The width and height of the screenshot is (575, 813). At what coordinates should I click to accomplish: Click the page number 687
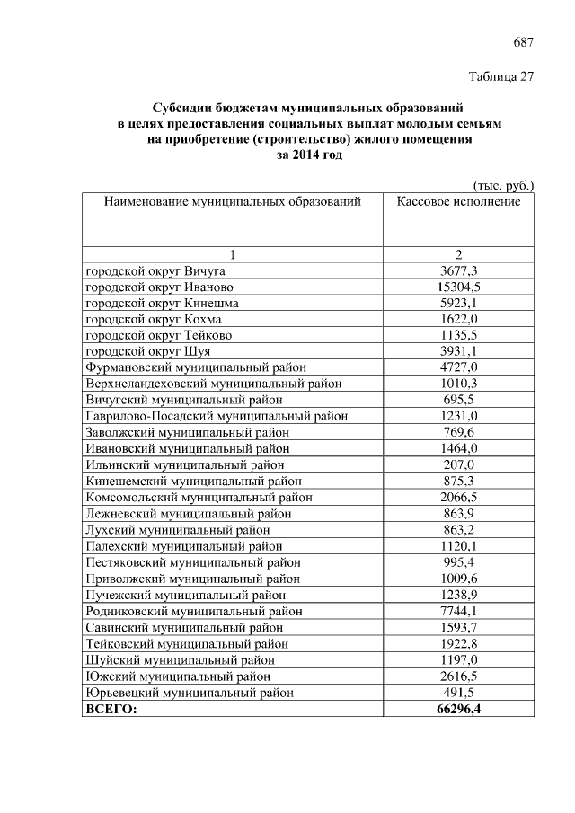523,42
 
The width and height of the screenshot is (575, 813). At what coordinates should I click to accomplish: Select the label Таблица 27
502,76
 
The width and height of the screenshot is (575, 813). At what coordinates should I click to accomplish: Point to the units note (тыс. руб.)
503,185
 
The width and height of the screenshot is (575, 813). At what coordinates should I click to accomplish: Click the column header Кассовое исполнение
458,202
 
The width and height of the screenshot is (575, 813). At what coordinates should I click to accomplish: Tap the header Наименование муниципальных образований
232,202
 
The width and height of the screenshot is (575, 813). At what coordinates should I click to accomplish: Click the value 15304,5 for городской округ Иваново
458,287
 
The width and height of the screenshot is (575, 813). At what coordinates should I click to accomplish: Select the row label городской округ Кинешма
162,303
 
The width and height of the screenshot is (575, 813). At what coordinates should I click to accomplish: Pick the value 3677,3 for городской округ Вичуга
458,270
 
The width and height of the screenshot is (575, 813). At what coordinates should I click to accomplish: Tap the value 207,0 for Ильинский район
458,464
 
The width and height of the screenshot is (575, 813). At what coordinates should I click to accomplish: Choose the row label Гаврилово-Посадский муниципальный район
217,416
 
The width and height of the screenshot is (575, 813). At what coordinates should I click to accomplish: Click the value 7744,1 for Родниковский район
458,610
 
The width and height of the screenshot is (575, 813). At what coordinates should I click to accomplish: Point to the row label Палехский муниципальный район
184,545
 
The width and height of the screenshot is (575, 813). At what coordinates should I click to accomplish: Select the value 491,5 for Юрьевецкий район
458,693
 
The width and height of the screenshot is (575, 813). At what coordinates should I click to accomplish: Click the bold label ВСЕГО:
111,709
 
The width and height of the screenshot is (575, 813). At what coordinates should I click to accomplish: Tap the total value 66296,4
458,709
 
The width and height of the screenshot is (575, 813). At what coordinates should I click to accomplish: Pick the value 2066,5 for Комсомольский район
458,497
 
